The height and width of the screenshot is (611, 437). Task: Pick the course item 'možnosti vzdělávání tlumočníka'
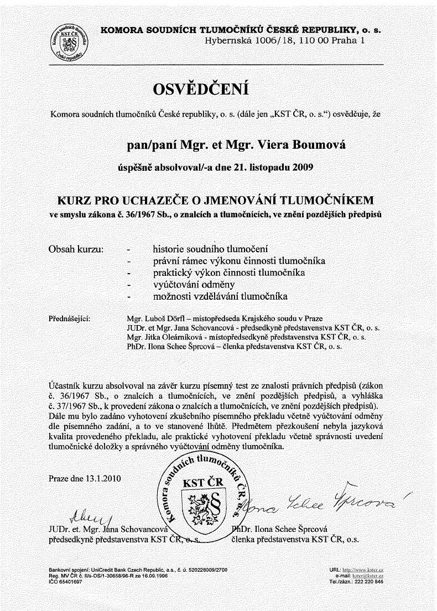(x=220, y=297)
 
